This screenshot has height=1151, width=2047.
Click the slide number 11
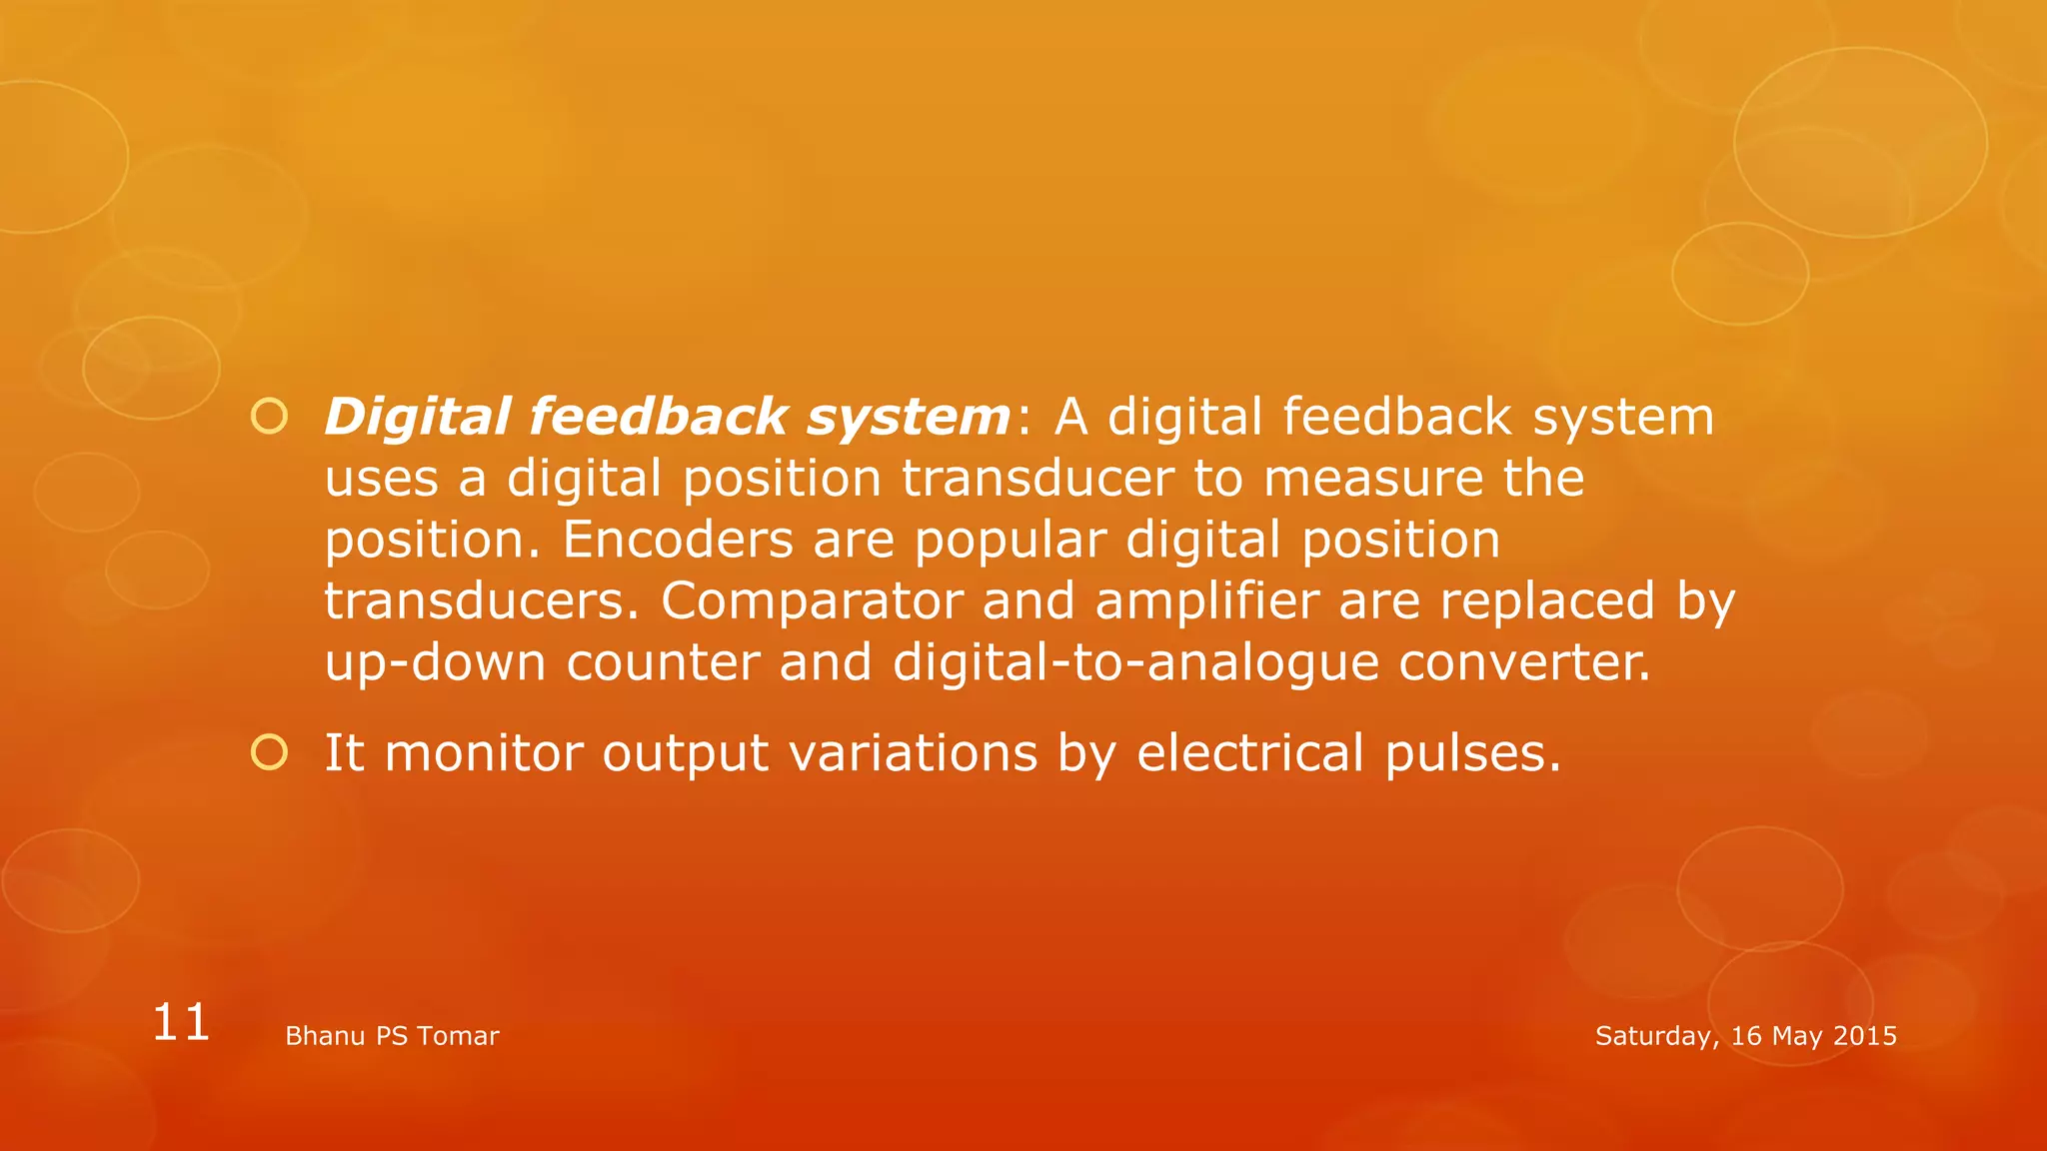tap(181, 1023)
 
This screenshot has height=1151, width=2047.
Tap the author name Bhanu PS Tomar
tap(392, 1036)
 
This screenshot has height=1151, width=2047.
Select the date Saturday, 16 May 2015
tap(1745, 1036)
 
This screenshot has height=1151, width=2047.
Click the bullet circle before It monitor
tap(269, 751)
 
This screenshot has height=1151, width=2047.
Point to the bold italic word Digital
tap(418, 417)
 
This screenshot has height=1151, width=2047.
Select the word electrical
tap(1249, 752)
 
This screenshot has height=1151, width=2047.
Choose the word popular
tap(1010, 542)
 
